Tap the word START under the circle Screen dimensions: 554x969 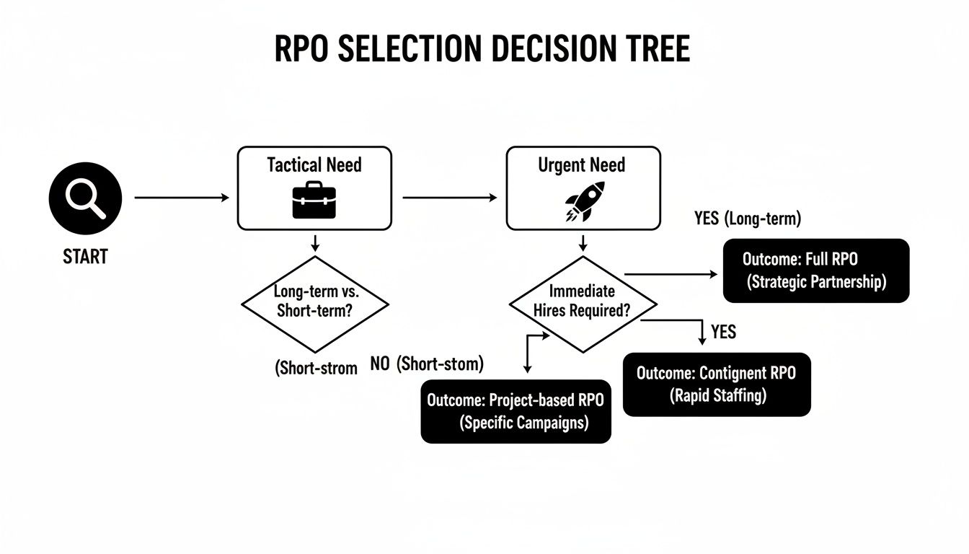coord(85,256)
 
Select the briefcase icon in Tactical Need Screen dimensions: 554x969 coord(314,200)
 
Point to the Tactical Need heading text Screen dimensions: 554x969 coord(314,165)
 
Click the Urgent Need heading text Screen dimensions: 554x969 coord(583,165)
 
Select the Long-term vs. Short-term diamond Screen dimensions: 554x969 coord(314,303)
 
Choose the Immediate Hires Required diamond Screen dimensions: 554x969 coord(583,303)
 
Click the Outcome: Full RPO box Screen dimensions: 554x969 coord(815,271)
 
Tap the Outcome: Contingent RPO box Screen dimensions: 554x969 coord(716,384)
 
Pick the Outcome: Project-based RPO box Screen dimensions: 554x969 coord(516,411)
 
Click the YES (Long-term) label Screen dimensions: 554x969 coord(747,219)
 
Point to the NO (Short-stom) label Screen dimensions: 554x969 coord(427,365)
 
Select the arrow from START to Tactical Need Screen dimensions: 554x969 coord(182,197)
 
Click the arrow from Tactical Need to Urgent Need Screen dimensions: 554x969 coord(449,197)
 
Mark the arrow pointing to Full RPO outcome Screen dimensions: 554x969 coord(671,274)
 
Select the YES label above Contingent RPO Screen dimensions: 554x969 coord(723,332)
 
